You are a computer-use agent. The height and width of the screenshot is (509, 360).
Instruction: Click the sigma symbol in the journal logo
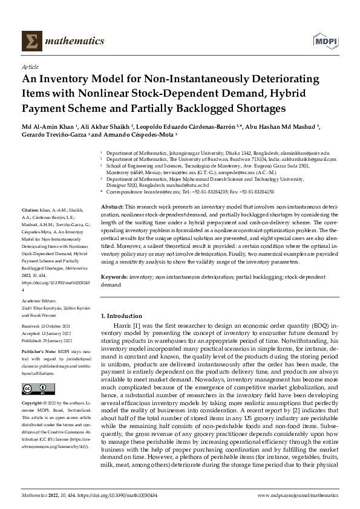pos(28,41)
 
